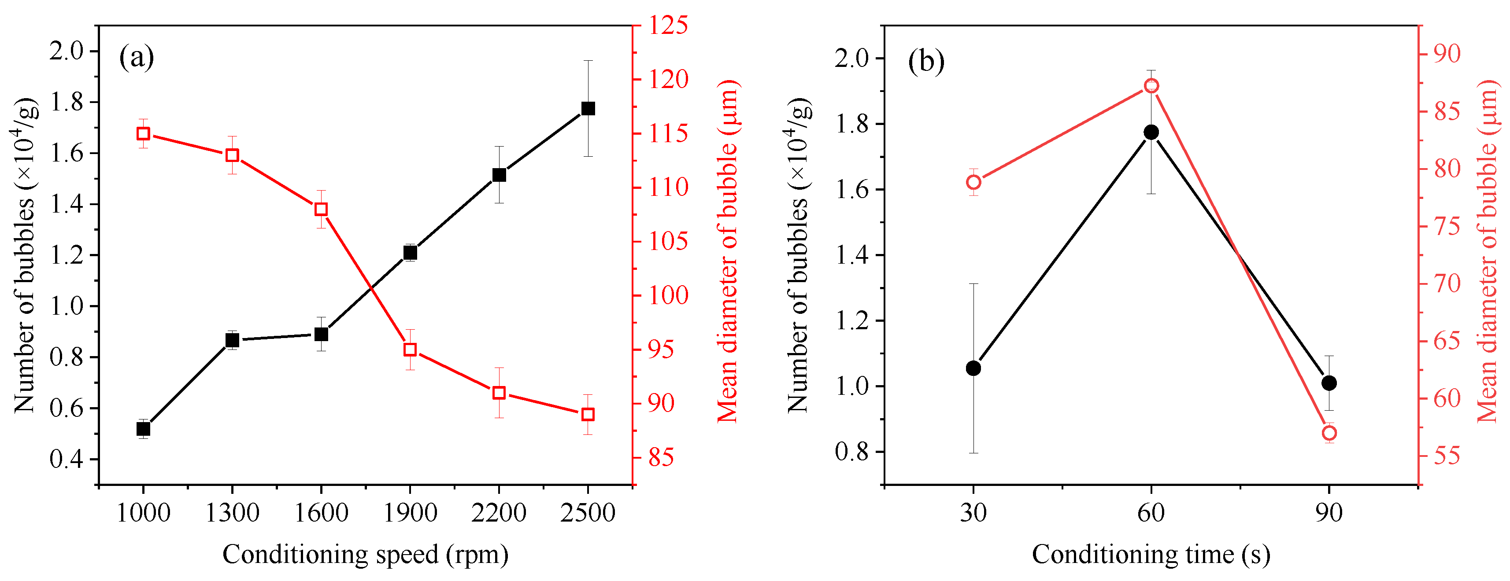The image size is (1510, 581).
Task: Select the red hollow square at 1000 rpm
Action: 143,134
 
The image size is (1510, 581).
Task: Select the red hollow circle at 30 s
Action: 973,183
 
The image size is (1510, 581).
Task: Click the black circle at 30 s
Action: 973,368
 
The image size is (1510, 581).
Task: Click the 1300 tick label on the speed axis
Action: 232,514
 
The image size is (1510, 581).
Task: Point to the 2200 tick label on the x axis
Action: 499,514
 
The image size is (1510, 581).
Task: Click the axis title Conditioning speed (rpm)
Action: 365,554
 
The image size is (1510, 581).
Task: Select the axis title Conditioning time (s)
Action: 1151,554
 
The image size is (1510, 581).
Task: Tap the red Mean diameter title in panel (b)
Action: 1487,252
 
